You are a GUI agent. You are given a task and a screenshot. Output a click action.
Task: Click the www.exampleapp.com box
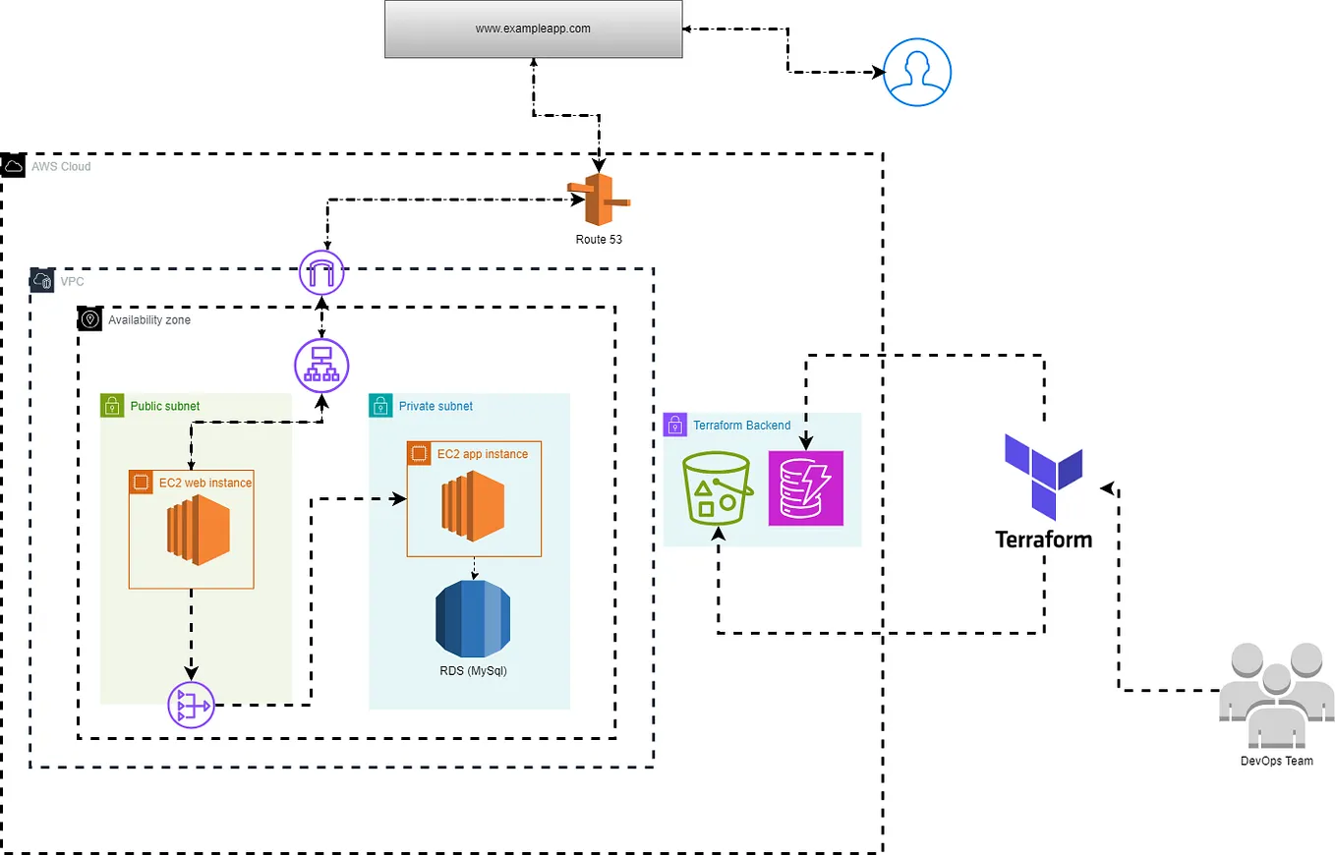pos(533,28)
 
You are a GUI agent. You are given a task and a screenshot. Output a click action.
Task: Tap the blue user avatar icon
pos(917,72)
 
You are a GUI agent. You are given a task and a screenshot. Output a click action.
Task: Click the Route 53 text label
pos(599,240)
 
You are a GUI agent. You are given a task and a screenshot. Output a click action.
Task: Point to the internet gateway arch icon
pos(324,271)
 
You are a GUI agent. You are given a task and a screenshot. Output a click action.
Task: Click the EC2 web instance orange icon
pos(197,531)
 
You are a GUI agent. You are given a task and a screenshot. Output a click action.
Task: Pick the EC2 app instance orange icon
pos(476,506)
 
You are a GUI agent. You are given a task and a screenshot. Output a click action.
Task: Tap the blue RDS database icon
pos(474,618)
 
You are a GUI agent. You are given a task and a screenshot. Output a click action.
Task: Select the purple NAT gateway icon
pos(191,704)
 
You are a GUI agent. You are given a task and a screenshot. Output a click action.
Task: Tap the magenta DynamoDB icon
pos(805,487)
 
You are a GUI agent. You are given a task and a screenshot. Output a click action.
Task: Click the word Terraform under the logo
pos(1043,540)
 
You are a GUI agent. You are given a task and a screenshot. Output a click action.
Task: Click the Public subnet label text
pos(165,405)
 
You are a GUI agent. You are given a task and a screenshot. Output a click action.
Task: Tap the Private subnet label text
pos(435,406)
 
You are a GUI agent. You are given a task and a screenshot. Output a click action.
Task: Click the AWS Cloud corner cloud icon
pos(14,166)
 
